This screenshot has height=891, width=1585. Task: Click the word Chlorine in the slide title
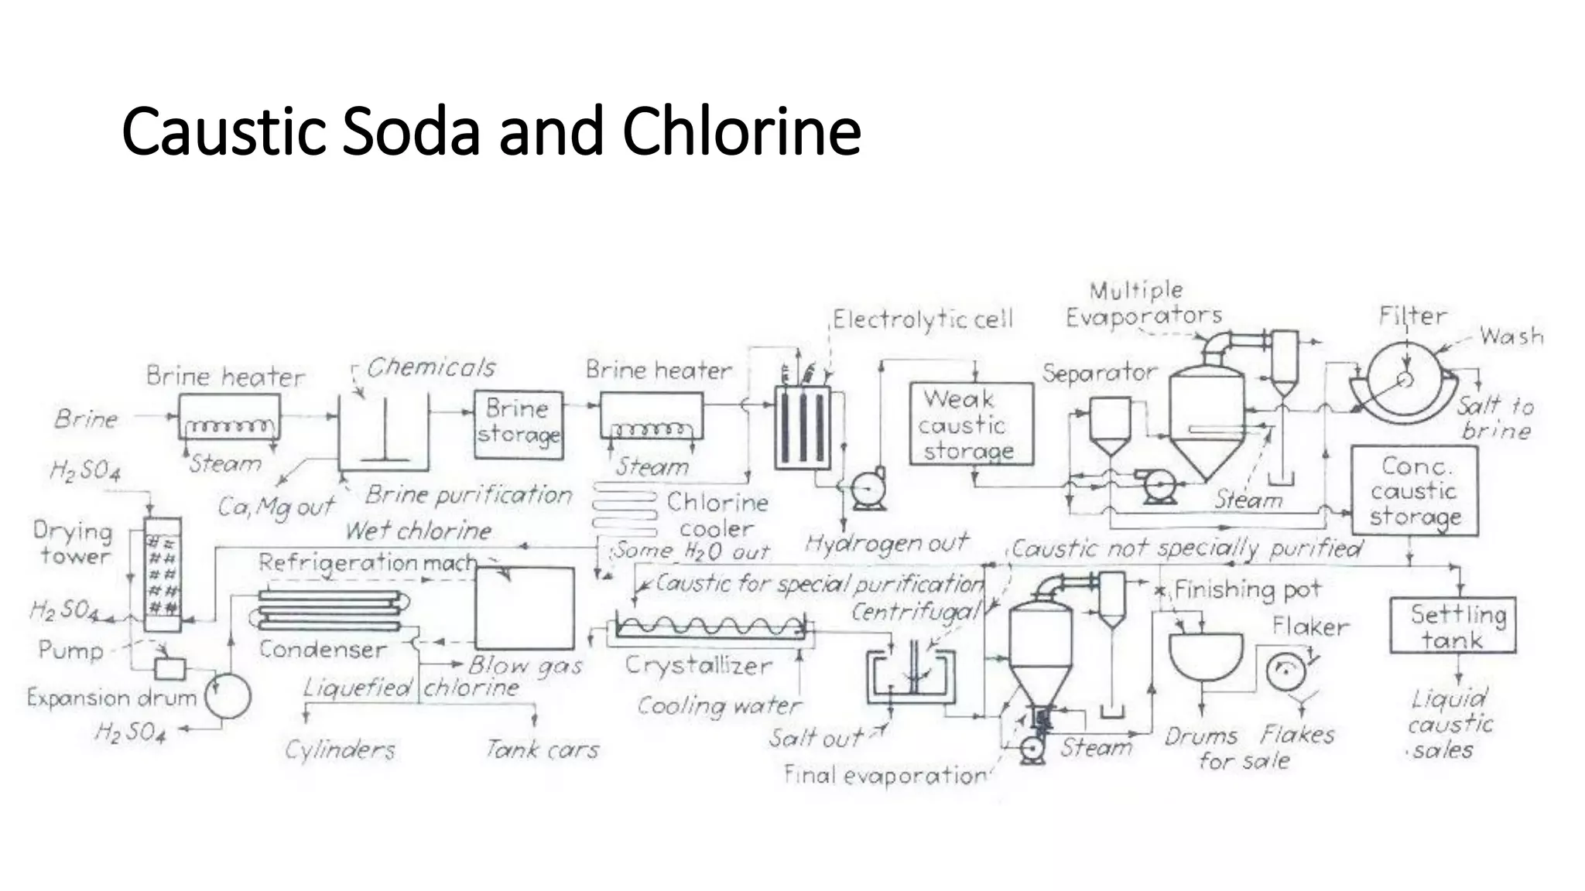coord(741,131)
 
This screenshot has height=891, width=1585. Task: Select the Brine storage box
coord(518,425)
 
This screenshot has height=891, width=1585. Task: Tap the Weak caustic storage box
coord(971,424)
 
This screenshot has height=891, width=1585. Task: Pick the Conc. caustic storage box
coord(1414,490)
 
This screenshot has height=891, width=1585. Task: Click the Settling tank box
coord(1452,625)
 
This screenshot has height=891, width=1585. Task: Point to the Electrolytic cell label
coord(923,319)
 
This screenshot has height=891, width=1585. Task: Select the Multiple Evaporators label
coord(1142,303)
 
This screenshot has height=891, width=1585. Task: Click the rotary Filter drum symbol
coord(1405,381)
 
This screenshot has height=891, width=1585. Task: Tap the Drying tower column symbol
coord(163,566)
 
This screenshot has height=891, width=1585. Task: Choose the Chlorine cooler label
coord(717,515)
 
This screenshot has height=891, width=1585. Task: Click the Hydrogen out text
coord(886,543)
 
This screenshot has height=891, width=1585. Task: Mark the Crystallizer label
coord(698,665)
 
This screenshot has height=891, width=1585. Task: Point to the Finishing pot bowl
coord(1205,655)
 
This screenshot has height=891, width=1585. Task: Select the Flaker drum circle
coord(1285,671)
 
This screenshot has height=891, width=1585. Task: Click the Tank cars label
coord(542,749)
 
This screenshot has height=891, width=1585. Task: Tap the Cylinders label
coord(340,749)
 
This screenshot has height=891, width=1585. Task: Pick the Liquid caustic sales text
coord(1449,724)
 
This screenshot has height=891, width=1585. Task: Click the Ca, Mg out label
coord(276,507)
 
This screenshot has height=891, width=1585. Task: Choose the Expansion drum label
coord(111,698)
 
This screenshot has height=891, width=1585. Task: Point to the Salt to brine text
coord(1495,418)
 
